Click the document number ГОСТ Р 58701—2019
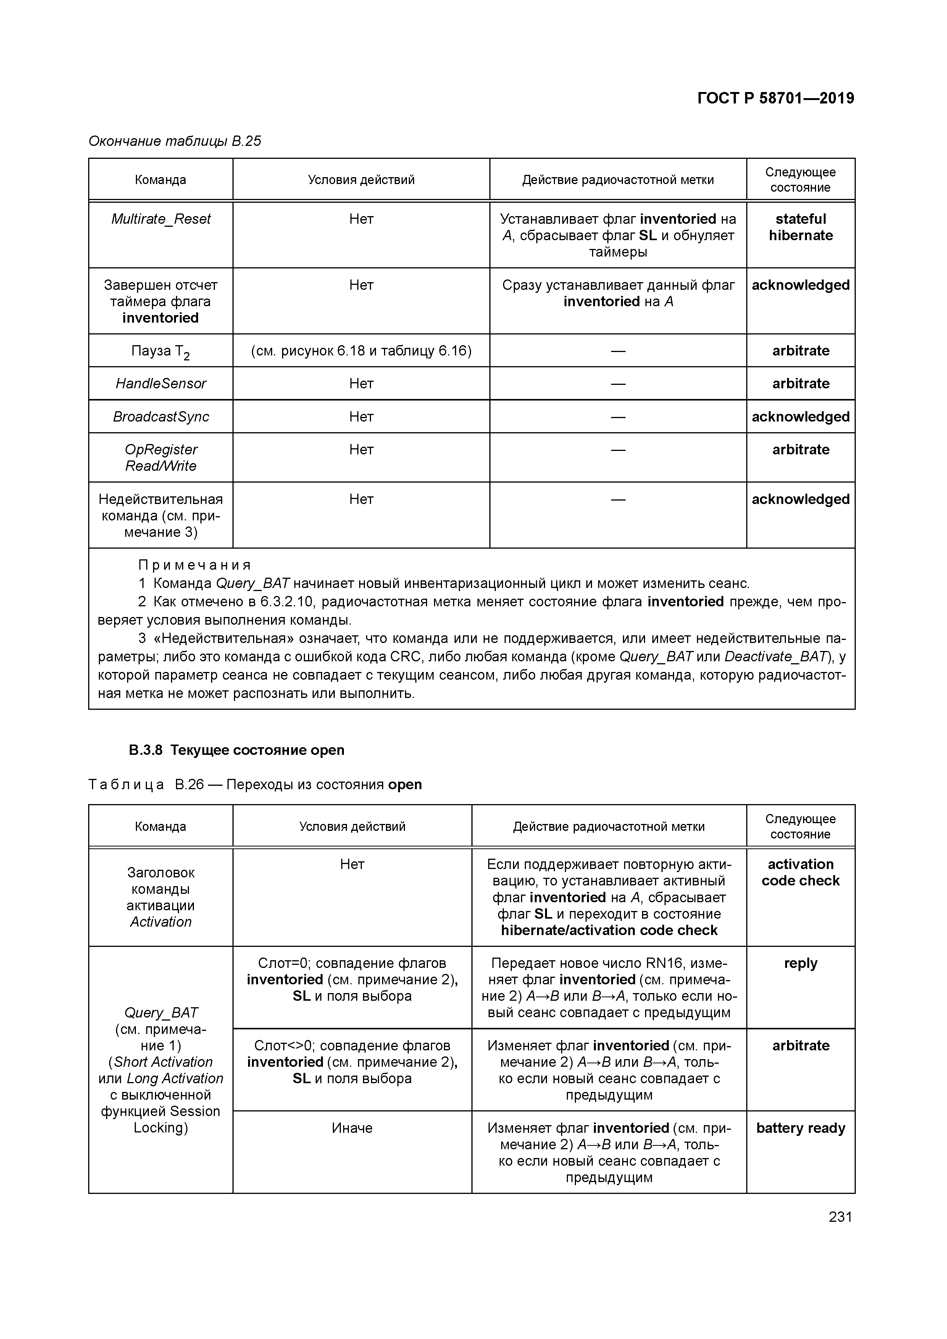(x=776, y=98)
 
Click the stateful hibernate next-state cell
(x=801, y=228)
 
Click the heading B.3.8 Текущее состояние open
(x=236, y=750)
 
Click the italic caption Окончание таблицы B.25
(x=174, y=141)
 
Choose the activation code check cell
(x=801, y=872)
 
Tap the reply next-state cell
(x=801, y=963)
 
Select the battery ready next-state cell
(x=801, y=1129)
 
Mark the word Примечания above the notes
(x=195, y=565)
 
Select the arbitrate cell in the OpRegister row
(x=801, y=450)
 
